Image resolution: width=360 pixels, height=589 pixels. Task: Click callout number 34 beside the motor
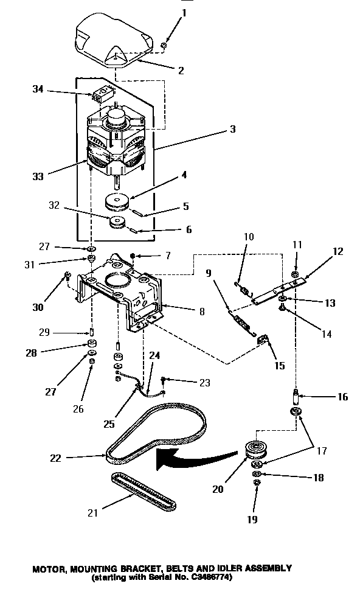pos(37,89)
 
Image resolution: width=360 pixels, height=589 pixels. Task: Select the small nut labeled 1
pos(164,46)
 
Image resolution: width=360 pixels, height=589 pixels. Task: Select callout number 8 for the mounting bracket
pos(201,311)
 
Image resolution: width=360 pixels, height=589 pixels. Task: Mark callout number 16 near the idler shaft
pos(342,397)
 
